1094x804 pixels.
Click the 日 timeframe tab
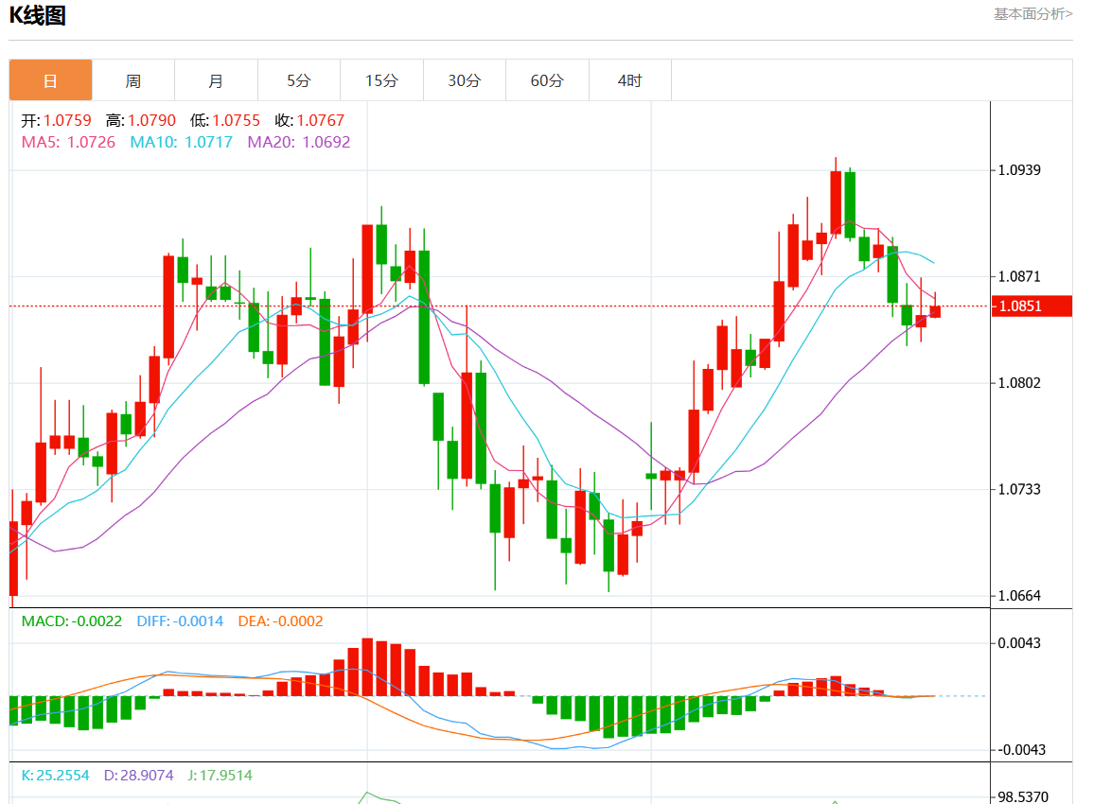click(51, 80)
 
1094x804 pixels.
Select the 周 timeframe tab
click(133, 80)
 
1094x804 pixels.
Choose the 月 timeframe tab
click(216, 80)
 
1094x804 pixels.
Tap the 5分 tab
click(299, 80)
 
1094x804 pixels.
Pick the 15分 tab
click(381, 80)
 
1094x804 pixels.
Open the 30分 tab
click(465, 80)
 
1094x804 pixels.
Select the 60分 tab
click(547, 80)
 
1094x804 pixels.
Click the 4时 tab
click(630, 80)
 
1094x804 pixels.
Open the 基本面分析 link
click(1032, 13)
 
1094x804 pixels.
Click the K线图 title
click(38, 15)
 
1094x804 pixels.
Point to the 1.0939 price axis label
click(1020, 170)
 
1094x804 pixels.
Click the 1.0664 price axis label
click(1020, 596)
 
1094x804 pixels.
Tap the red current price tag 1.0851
click(1031, 306)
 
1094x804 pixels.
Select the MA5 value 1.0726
click(91, 142)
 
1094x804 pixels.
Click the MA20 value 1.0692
click(326, 142)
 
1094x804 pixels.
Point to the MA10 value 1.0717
click(207, 142)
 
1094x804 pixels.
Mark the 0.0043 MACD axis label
click(1020, 643)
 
